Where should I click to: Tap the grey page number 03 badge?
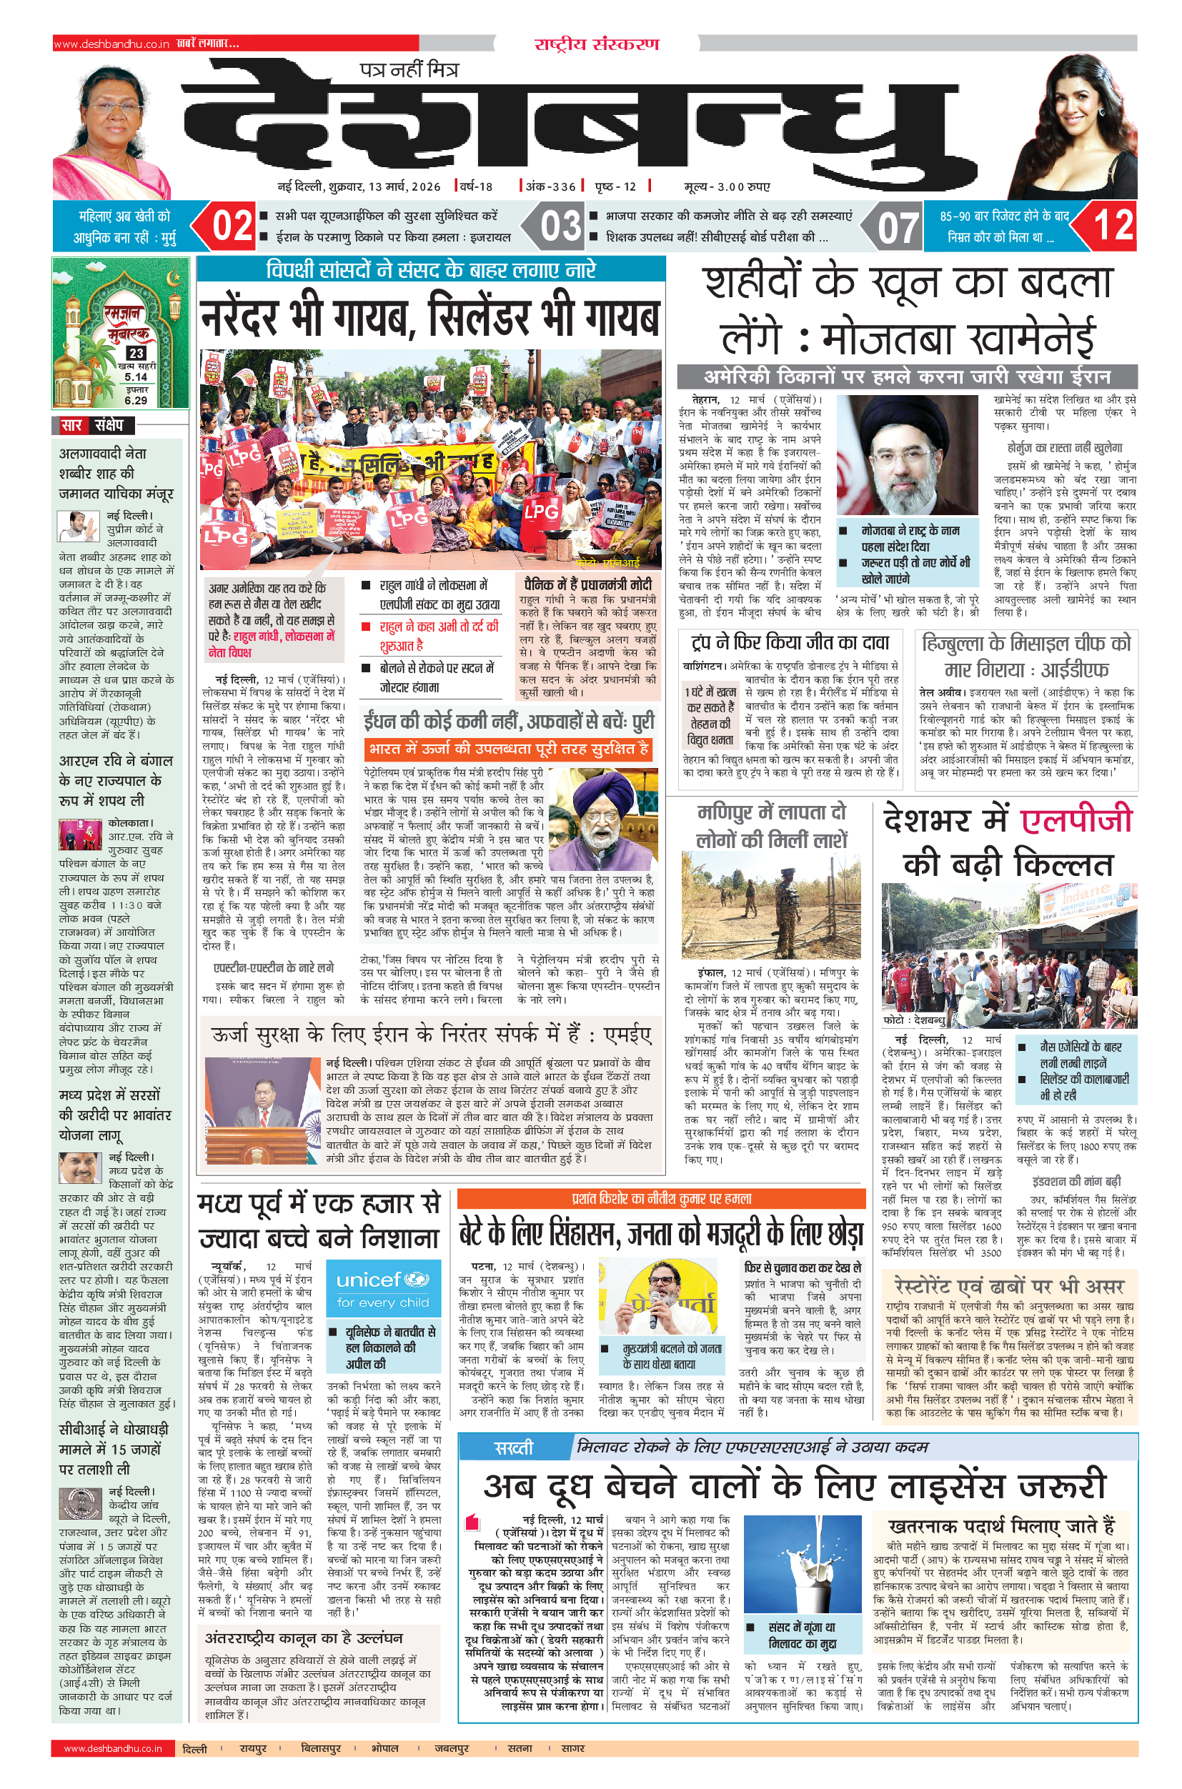pyautogui.click(x=560, y=225)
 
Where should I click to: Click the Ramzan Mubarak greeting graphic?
pyautogui.click(x=121, y=332)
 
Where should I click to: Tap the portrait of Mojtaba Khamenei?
pyautogui.click(x=907, y=454)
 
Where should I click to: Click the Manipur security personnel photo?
pyautogui.click(x=770, y=905)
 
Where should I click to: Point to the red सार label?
pyautogui.click(x=71, y=425)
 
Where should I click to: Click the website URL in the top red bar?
pyautogui.click(x=111, y=44)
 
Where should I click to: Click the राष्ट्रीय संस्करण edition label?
pyautogui.click(x=596, y=44)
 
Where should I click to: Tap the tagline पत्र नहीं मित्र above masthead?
pyautogui.click(x=409, y=70)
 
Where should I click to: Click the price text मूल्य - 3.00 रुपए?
pyautogui.click(x=727, y=186)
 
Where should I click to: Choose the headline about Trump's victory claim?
pyautogui.click(x=789, y=642)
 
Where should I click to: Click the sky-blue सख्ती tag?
pyautogui.click(x=513, y=1447)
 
